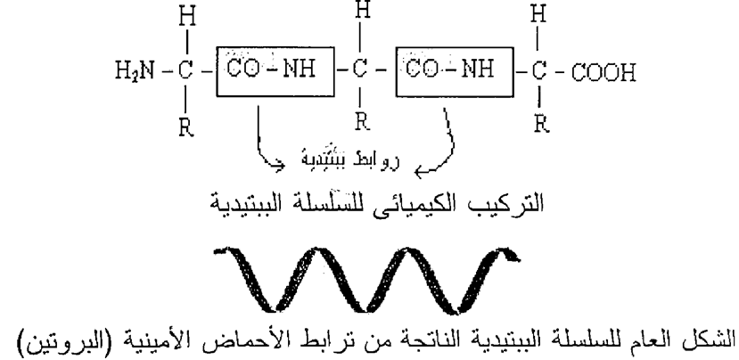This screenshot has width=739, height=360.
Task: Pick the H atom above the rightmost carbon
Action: (538, 14)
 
